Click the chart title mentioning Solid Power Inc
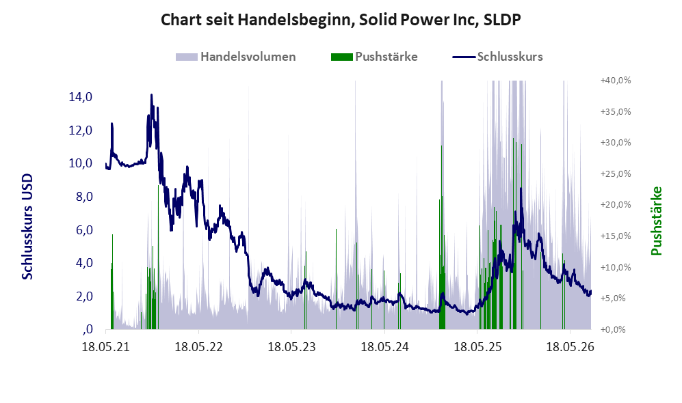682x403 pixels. pos(341,20)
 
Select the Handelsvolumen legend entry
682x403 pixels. pos(236,57)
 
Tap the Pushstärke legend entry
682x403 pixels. pos(374,57)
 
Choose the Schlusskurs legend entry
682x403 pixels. pos(497,57)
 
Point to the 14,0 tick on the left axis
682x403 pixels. pos(81,97)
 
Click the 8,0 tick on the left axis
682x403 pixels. pos(84,197)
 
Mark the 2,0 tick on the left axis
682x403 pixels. pos(84,296)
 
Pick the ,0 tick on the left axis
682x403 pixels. pos(87,329)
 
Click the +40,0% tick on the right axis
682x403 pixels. pos(616,81)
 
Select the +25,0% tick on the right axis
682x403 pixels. pos(616,173)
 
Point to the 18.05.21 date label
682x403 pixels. pos(106,347)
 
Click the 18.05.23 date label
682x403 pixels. pos(291,347)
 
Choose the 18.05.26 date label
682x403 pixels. pos(570,347)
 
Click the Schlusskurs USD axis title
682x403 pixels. pos(27,227)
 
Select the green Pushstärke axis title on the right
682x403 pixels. pos(656,221)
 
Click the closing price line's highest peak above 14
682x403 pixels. pos(151,95)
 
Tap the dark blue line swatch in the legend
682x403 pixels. pos(464,57)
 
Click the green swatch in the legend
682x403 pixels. pos(342,57)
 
